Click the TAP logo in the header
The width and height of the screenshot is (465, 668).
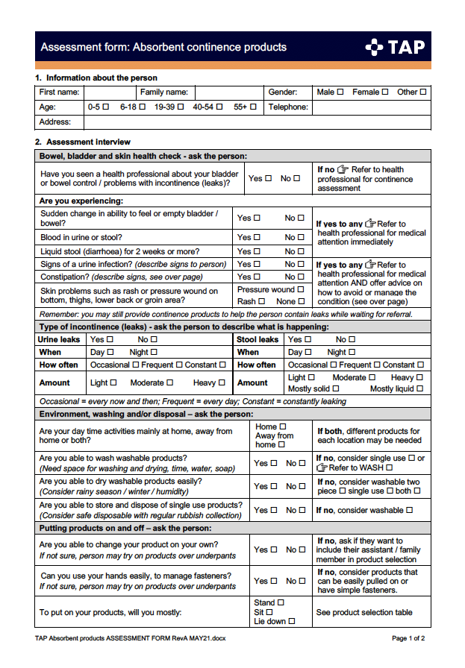(395, 47)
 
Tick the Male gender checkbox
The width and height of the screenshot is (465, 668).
(340, 92)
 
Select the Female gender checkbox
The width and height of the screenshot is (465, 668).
(385, 92)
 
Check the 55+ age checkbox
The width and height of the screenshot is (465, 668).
(253, 107)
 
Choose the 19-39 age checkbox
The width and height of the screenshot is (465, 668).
(180, 107)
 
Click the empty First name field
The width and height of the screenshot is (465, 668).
(107, 92)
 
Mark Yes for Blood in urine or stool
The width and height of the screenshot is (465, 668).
(257, 238)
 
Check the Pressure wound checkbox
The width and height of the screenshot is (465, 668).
(301, 290)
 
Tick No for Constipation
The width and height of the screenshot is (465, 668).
(301, 277)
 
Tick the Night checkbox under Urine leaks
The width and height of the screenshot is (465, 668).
(154, 352)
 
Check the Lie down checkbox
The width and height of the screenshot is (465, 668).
(292, 621)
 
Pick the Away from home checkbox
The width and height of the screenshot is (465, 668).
(281, 445)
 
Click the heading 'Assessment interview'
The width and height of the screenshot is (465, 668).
(88, 142)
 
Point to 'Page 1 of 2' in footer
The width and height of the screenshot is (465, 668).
(408, 639)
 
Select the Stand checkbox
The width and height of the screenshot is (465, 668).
(281, 602)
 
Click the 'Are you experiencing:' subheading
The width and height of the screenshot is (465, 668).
(81, 201)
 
